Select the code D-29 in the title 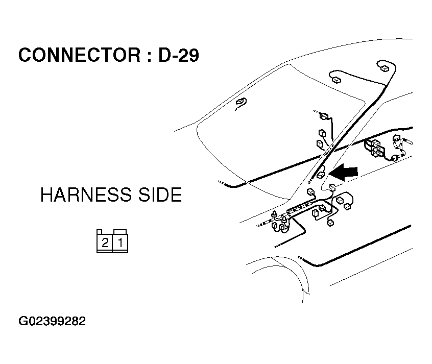(x=178, y=55)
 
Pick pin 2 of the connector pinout (x=105, y=242)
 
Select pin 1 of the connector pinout (x=120, y=242)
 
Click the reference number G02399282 (x=52, y=322)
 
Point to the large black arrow (x=345, y=173)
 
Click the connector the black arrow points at (x=321, y=175)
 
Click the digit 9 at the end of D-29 (x=193, y=55)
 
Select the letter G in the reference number (x=23, y=322)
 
